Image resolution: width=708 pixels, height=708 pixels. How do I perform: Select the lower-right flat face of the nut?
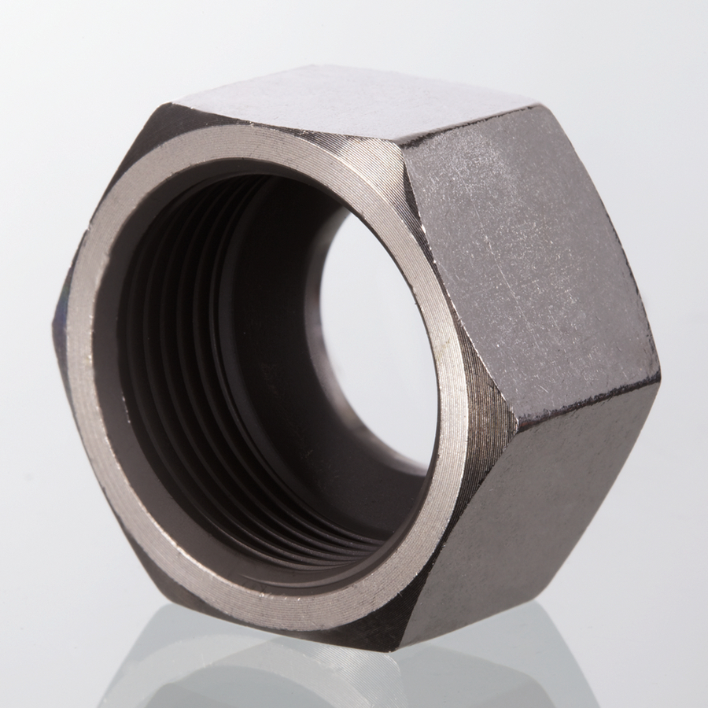click(x=551, y=503)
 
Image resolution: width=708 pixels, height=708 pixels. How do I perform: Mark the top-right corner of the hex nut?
click(x=535, y=106)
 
